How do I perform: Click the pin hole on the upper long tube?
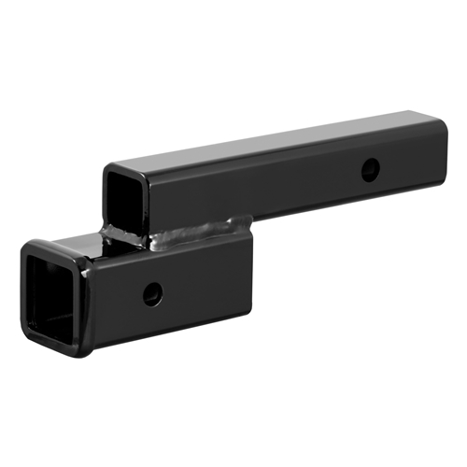pos(371,170)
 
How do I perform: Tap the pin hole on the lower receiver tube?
pos(152,293)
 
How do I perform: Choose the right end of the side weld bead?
pos(249,222)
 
